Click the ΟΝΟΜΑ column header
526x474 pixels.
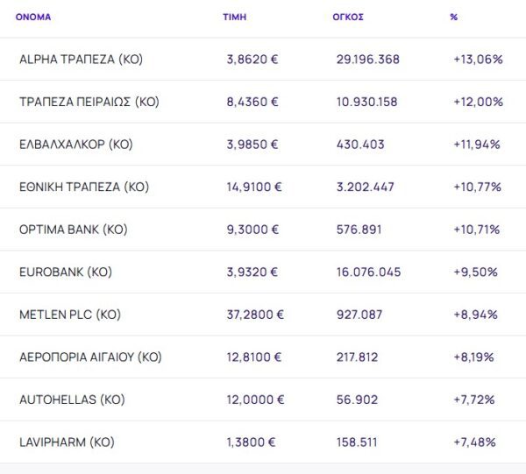point(33,17)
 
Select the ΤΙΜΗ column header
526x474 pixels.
point(234,17)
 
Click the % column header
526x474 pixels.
point(453,17)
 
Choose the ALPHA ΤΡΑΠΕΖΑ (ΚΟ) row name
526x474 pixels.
point(81,60)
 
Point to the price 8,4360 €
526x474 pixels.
point(252,102)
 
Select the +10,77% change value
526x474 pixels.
point(477,187)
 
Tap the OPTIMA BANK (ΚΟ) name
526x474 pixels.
point(74,230)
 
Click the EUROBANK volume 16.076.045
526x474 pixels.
point(368,272)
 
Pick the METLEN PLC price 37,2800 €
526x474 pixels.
point(255,315)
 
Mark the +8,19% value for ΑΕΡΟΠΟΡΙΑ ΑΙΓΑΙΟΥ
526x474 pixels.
point(474,357)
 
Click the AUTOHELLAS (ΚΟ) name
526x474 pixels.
point(72,400)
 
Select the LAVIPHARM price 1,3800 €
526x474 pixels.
point(252,442)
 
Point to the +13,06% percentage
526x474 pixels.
point(478,60)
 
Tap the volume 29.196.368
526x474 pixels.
point(368,60)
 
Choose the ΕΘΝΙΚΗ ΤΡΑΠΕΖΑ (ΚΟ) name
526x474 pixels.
point(84,187)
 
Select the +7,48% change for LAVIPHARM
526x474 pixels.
point(475,442)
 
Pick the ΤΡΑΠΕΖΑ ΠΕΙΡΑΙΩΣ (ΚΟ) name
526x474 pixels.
point(89,102)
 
